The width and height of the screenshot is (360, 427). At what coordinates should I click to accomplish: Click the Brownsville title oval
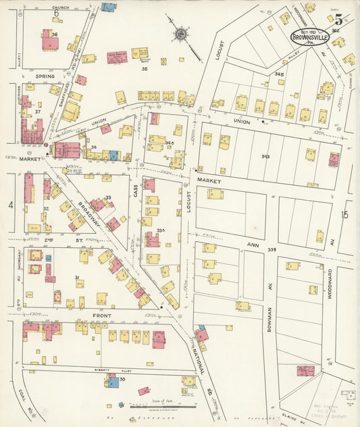311,36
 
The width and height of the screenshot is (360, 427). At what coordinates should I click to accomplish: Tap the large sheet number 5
338,20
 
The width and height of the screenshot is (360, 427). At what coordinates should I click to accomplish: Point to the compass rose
181,34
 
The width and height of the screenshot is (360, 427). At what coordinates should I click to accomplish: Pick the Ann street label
253,245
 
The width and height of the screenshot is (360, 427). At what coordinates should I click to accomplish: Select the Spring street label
45,76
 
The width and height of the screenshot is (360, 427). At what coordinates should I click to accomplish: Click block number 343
265,157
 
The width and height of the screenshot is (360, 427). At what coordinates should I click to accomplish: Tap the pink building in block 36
49,41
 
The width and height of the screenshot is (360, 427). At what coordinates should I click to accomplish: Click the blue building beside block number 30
113,382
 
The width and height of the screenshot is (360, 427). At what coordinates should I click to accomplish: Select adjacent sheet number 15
344,215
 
